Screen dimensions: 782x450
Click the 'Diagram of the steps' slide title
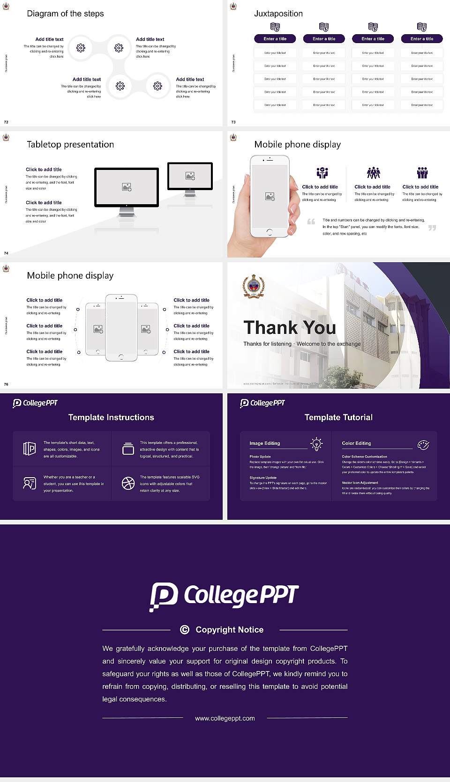coord(65,14)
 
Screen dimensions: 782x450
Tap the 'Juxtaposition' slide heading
coord(278,14)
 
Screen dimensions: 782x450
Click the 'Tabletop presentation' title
coord(70,144)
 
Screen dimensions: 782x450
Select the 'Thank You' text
coord(290,327)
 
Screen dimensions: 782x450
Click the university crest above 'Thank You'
coord(253,286)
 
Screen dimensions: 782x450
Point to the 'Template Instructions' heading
coord(111,417)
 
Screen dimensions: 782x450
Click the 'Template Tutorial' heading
coord(338,417)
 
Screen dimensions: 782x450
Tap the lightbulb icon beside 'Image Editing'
coord(316,443)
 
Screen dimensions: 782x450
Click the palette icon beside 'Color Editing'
coord(423,444)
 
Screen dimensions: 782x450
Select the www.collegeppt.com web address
coord(225,718)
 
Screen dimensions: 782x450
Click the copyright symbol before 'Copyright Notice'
coord(185,630)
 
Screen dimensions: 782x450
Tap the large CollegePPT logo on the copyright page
coord(224,596)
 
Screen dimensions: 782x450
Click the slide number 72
coord(6,122)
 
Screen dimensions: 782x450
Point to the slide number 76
coord(6,384)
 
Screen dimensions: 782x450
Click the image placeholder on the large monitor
coord(127,187)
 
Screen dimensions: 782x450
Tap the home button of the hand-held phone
coord(269,232)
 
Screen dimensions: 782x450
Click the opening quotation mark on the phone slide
coord(311,221)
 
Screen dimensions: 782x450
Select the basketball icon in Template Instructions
coord(128,483)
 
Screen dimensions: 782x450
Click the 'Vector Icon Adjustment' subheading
coord(360,482)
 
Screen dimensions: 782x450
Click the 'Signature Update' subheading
coord(263,478)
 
